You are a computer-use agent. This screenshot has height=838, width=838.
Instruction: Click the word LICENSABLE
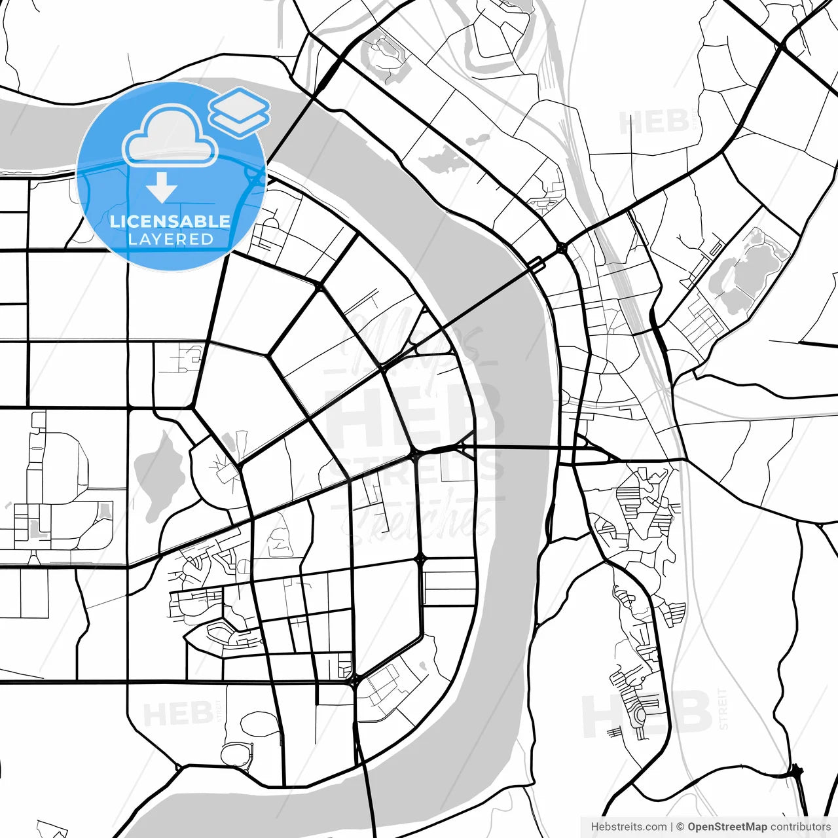coord(170,221)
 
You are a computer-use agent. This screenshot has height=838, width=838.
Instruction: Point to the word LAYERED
coord(170,240)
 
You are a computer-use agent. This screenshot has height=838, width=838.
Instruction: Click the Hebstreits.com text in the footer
coord(628,827)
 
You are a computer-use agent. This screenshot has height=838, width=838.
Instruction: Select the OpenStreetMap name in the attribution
coord(727,827)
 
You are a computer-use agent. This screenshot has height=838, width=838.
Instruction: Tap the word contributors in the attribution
coord(800,827)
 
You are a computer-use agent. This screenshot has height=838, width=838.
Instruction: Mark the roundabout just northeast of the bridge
coord(562,247)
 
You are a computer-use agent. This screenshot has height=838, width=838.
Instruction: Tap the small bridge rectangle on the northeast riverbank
coord(536,264)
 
